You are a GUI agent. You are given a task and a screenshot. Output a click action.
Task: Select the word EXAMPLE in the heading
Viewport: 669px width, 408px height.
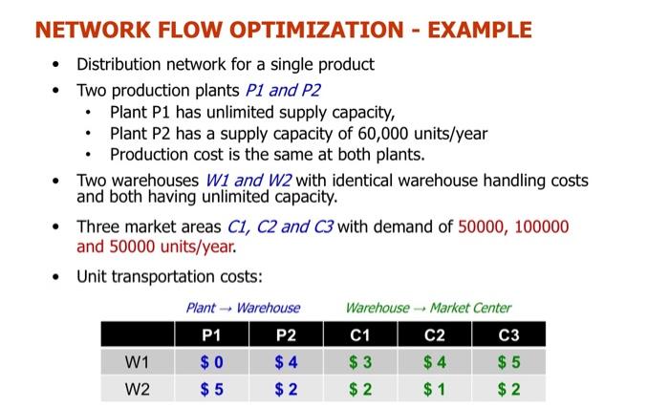pos(475,30)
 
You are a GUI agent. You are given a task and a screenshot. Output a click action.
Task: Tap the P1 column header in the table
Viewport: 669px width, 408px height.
pos(211,335)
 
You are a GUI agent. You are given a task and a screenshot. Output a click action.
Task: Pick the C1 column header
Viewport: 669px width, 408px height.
pos(359,335)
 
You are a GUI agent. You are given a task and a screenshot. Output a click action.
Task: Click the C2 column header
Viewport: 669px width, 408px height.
pos(435,335)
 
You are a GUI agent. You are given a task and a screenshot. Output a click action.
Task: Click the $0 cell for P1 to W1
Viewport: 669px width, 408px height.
pos(211,362)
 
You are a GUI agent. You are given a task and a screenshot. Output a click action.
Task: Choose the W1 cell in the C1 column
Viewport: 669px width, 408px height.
pos(359,362)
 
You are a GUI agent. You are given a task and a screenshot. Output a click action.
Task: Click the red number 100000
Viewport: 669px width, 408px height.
pos(536,226)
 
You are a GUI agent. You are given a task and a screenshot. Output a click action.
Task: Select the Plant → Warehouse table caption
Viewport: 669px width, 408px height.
pos(243,308)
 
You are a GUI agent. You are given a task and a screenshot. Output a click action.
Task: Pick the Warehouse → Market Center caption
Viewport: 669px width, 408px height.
pos(428,308)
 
